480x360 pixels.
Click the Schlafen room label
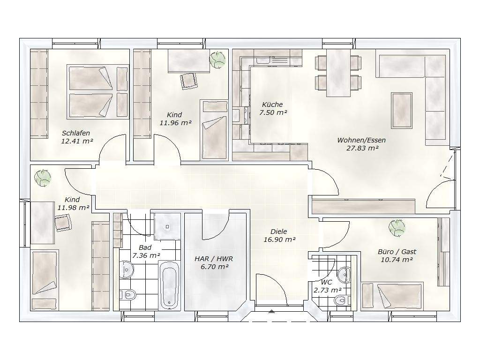76,133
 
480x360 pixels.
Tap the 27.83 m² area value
362,148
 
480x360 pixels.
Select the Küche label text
272,105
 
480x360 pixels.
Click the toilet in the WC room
340,300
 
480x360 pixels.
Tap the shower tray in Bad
167,226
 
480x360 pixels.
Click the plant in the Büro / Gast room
397,228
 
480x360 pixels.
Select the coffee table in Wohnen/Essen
402,110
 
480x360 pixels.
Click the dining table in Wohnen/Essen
338,73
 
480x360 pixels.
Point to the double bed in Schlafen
97,91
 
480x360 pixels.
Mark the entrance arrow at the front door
271,312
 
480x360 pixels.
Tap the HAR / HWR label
214,259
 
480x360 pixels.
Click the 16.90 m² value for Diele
279,240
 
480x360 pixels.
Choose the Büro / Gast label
397,252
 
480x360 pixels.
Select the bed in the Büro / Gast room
392,295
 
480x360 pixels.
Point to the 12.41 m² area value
77,142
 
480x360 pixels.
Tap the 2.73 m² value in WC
328,290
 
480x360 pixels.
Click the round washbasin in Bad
126,270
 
